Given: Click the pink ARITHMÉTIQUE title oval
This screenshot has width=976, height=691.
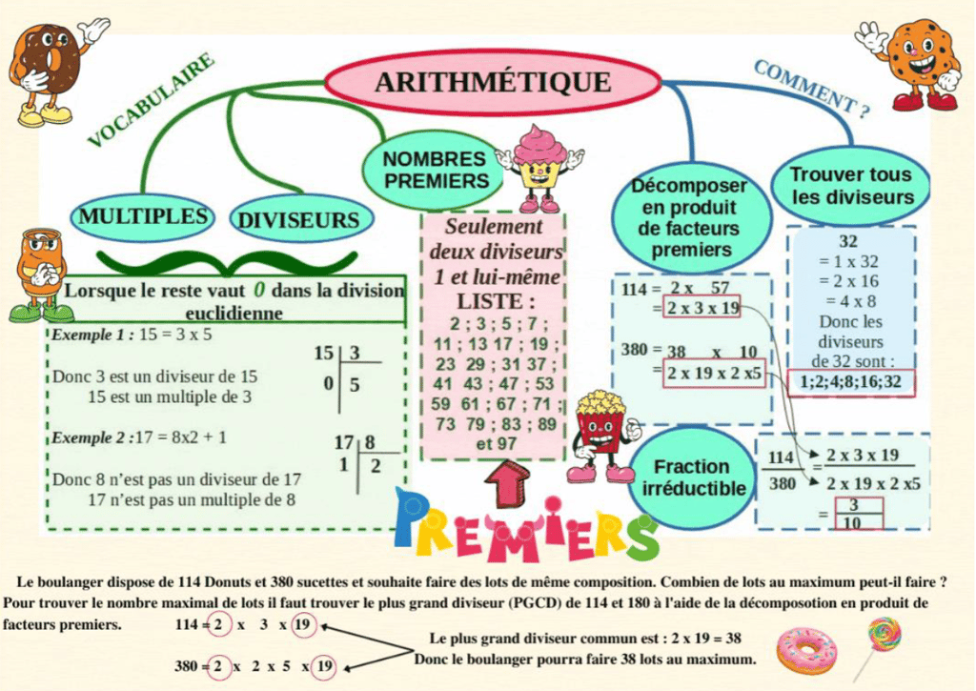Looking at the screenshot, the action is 492,82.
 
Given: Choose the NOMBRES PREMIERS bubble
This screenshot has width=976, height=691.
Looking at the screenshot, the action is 434,170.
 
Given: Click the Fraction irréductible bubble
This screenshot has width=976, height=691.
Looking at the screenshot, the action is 692,477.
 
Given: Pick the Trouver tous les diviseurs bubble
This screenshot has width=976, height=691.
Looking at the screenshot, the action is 850,187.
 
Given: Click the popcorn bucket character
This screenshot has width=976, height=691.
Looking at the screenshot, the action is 600,435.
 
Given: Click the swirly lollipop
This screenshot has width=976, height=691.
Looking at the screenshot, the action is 883,639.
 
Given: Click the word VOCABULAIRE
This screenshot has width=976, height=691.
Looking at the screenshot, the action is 151,101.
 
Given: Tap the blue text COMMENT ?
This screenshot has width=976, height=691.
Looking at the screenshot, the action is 810,89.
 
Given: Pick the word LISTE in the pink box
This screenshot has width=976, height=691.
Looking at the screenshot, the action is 492,301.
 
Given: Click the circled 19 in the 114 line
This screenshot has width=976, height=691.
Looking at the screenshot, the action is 303,625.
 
